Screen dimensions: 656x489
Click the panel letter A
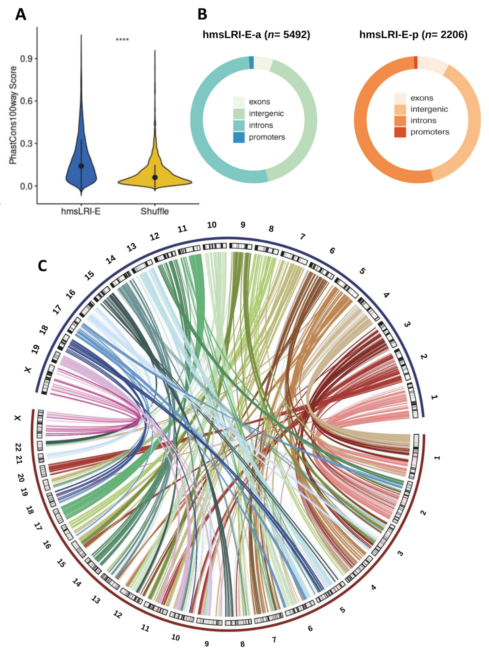click(x=21, y=14)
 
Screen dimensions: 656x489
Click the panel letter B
click(x=202, y=14)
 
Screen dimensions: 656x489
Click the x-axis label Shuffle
click(x=154, y=211)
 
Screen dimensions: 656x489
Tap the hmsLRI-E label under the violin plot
click(x=81, y=211)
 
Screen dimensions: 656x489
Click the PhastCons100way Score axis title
click(x=13, y=115)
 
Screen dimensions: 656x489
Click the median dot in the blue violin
click(x=81, y=166)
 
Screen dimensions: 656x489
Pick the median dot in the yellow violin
click(x=155, y=177)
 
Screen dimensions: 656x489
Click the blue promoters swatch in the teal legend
click(x=239, y=137)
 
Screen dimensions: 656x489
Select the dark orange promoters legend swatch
click(x=400, y=132)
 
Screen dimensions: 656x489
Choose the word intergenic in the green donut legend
click(x=266, y=114)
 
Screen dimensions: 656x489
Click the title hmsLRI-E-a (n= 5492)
click(x=256, y=35)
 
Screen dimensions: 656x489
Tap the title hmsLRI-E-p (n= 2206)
click(x=413, y=35)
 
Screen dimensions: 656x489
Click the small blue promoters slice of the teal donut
click(x=251, y=62)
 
